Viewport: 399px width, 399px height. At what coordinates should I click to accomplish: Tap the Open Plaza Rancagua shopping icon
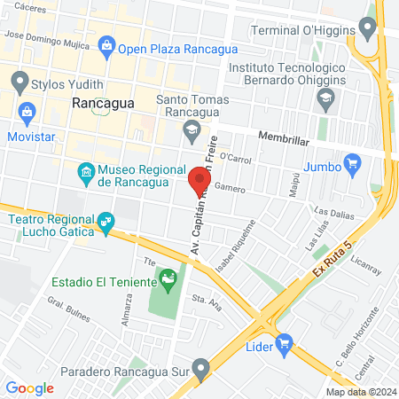(x=107, y=44)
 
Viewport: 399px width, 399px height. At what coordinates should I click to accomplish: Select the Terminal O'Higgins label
(x=308, y=29)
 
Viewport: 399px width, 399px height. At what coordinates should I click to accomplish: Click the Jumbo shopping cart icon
(x=352, y=162)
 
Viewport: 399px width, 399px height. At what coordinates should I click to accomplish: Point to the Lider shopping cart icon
(x=284, y=342)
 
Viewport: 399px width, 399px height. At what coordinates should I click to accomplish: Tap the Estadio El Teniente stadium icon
(x=167, y=283)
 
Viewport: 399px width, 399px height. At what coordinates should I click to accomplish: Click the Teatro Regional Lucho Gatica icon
(x=106, y=220)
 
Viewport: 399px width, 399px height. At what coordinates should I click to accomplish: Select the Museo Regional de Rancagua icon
(x=86, y=171)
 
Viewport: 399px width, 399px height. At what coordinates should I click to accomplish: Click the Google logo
(x=30, y=387)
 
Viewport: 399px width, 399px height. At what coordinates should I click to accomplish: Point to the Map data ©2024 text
(x=360, y=392)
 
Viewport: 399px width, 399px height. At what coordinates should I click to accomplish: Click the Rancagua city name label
(x=102, y=103)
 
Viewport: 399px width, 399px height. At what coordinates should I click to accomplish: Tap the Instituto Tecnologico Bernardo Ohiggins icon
(x=325, y=97)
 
